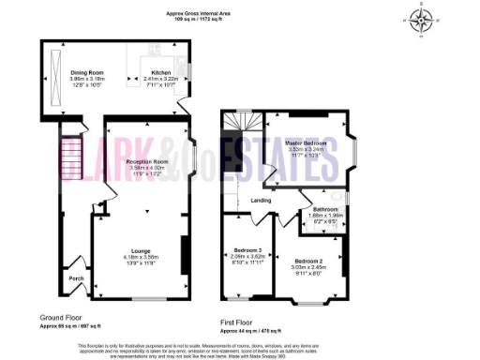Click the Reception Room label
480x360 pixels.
click(146, 161)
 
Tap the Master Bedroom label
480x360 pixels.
click(307, 142)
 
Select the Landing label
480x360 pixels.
click(262, 199)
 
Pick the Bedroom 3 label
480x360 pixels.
click(246, 249)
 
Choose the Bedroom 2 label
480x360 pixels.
click(308, 260)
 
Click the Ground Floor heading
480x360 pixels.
click(59, 317)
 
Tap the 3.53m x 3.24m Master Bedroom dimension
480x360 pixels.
click(307, 148)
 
